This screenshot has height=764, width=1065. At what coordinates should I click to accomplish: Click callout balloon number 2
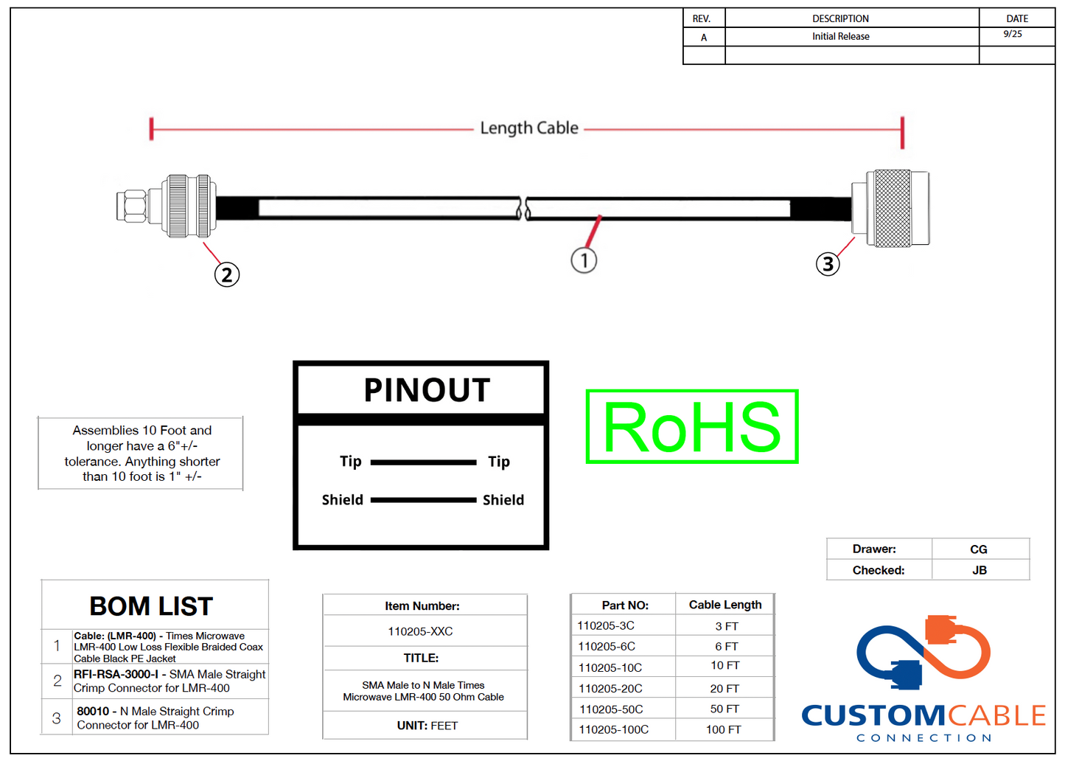pos(227,275)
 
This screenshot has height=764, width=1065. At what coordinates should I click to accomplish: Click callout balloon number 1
pos(584,260)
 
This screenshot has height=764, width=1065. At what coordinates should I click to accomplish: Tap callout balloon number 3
pos(828,264)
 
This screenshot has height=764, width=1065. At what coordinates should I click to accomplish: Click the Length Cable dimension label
pos(529,128)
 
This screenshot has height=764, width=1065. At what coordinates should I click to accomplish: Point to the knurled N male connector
pos(893,209)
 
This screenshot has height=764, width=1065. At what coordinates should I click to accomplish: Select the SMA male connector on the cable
pos(166,206)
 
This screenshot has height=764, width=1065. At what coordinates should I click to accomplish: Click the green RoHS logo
pos(691,427)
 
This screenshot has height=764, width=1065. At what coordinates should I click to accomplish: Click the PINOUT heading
pos(427,390)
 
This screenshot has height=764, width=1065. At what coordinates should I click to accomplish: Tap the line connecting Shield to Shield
pos(423,500)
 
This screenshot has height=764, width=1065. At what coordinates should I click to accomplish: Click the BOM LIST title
pos(151,606)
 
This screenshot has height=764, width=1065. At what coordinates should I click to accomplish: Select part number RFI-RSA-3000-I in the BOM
pos(116,674)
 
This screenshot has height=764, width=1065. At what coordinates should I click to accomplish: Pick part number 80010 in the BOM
pos(93,711)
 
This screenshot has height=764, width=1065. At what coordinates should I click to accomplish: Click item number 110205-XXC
pos(420,631)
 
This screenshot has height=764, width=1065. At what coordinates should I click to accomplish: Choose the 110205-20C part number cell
pos(610,688)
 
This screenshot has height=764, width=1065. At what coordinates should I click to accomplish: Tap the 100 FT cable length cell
pos(723,729)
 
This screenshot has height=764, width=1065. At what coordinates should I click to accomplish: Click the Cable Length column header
pos(724,605)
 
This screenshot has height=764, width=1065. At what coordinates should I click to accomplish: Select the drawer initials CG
pos(978,549)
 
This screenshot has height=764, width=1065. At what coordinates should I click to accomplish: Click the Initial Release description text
pos(840,36)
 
